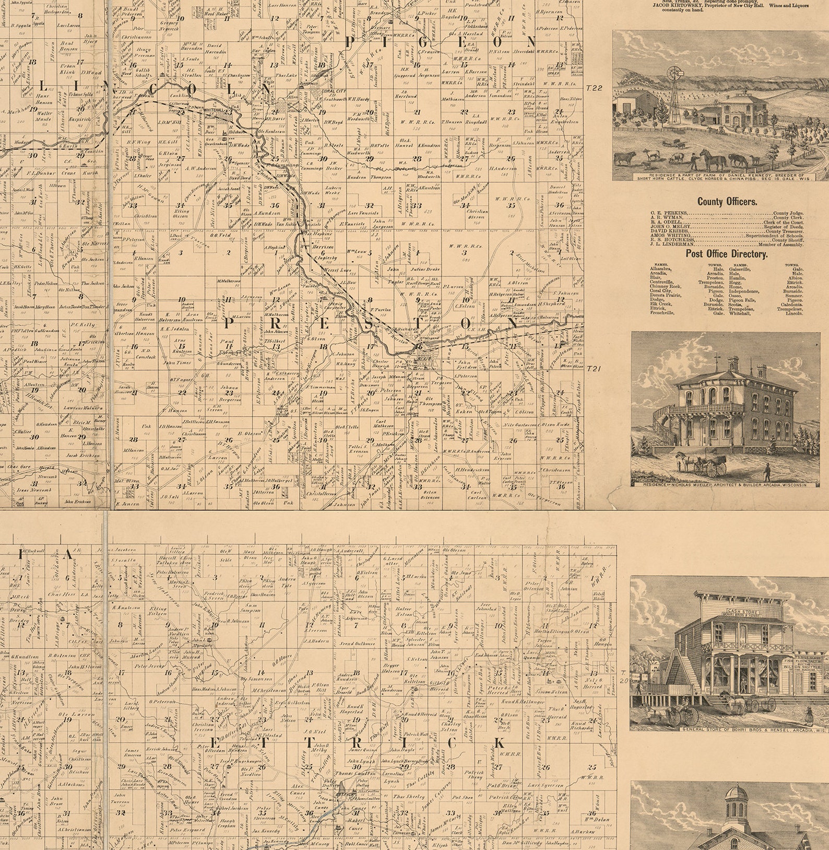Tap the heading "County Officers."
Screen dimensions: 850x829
727,201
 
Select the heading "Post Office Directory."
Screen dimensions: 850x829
726,254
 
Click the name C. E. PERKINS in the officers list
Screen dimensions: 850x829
669,213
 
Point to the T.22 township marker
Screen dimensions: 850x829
594,88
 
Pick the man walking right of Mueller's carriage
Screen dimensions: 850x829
767,472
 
